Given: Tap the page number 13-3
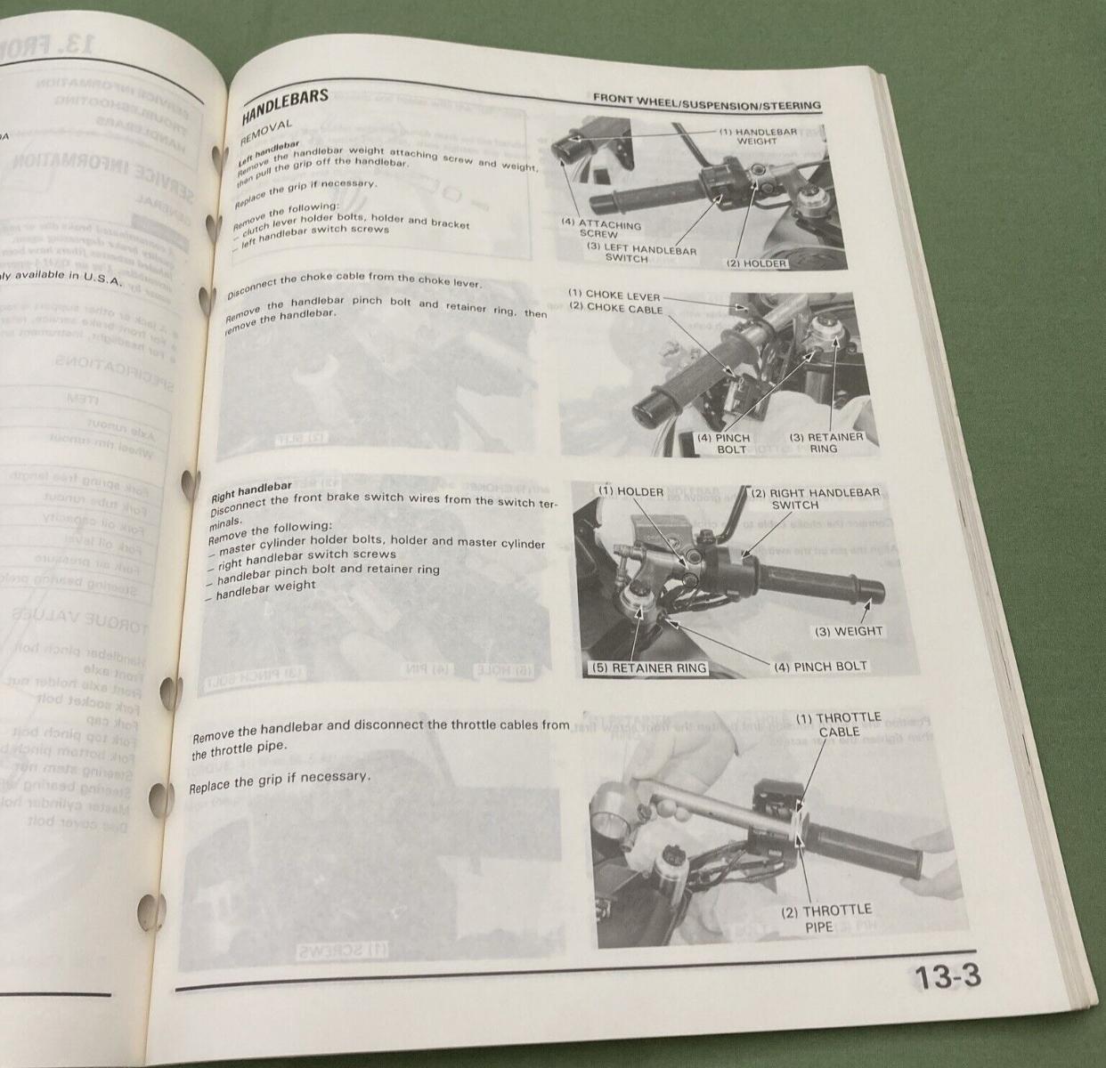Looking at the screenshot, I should coord(947,977).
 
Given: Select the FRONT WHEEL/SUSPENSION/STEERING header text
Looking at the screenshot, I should coord(707,102).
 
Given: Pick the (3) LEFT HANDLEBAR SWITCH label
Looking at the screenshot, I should coord(640,254).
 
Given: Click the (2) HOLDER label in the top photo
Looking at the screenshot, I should coord(756,263).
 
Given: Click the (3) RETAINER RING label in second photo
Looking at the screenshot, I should coord(825,442).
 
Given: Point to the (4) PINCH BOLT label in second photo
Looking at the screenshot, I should coord(722,443).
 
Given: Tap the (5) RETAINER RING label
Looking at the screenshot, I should coord(649,667).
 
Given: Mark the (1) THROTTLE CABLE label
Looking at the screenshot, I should coord(838,724).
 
